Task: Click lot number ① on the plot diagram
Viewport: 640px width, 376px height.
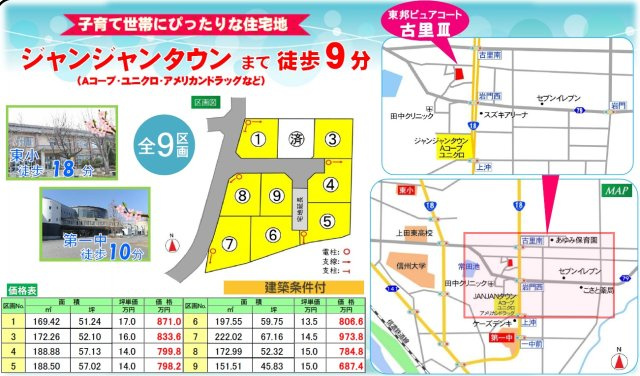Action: point(258,139)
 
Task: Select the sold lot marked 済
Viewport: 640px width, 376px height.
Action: point(295,138)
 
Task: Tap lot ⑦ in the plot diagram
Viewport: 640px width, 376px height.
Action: point(229,243)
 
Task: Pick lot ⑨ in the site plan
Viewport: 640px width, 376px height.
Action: point(277,195)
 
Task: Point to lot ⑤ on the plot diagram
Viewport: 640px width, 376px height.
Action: point(328,220)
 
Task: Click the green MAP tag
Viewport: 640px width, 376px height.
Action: point(612,189)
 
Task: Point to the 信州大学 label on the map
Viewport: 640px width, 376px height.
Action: point(407,265)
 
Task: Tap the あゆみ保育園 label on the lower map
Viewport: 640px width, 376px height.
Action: point(577,241)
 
